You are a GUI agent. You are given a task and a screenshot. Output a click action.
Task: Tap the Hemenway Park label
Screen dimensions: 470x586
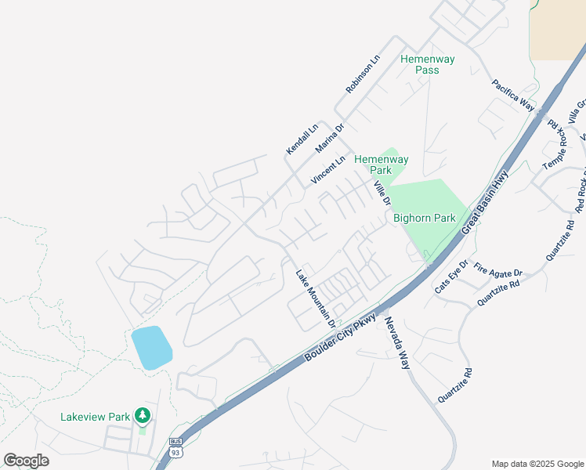[x=382, y=164]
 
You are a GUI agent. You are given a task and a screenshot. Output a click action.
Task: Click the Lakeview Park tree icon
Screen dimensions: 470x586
[x=142, y=414]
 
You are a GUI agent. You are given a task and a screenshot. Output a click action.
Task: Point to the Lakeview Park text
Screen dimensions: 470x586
[x=95, y=417]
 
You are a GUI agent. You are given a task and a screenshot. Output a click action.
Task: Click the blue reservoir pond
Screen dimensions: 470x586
[x=152, y=347]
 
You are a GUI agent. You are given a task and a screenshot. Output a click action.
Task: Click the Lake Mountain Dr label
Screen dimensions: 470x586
[x=315, y=298]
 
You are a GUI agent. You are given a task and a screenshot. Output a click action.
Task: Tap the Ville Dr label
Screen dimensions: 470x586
[x=382, y=193]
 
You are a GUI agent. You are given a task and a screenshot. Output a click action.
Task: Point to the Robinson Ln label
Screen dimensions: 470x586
[x=363, y=75]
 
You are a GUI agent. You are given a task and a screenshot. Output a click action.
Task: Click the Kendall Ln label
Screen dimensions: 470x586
[x=302, y=138]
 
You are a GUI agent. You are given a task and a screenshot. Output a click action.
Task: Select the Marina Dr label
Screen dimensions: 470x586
[x=330, y=138]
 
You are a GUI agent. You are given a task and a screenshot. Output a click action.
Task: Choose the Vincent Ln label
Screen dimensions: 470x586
[x=327, y=171]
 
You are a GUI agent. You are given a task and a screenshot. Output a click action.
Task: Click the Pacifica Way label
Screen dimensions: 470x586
[x=513, y=95]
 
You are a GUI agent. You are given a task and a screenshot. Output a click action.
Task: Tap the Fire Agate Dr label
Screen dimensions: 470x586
[x=498, y=272]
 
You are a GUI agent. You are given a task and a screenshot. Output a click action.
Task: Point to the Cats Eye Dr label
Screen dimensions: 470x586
[x=451, y=277]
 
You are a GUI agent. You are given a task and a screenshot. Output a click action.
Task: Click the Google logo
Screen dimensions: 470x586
[x=26, y=461]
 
